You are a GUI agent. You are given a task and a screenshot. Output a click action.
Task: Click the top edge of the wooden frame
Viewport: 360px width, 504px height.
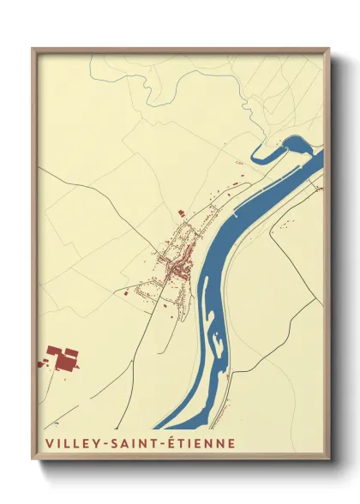[x=180, y=51]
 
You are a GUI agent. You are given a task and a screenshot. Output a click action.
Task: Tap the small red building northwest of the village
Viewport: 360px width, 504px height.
[x=181, y=213]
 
